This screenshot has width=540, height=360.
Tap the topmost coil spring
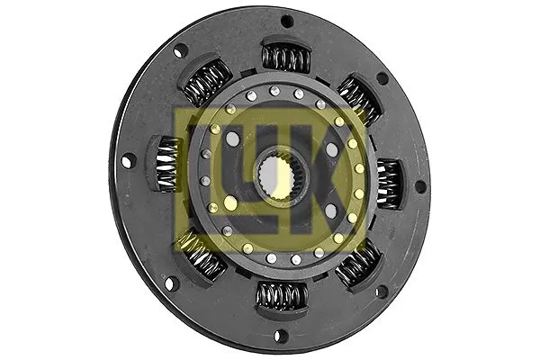286,58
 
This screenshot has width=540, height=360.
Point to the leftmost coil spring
167,163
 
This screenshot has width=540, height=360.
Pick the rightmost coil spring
389,184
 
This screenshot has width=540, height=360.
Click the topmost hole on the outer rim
287,21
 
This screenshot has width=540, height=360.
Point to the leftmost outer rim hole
127,160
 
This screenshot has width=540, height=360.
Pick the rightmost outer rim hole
420,187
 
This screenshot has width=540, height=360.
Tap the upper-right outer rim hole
383,79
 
